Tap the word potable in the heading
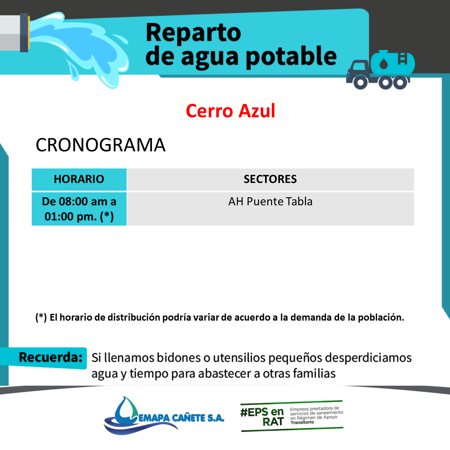click(x=291, y=57)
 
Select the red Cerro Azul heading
click(x=231, y=111)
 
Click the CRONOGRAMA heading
click(x=100, y=144)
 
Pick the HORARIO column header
click(x=79, y=179)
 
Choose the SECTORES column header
click(x=270, y=179)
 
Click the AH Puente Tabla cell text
click(x=270, y=202)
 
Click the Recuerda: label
click(x=50, y=358)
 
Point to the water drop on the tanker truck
click(x=383, y=64)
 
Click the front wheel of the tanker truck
click(x=360, y=83)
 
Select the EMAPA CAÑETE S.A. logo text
click(x=181, y=418)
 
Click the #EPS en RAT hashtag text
click(x=262, y=417)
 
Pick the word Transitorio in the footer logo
click(x=302, y=422)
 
